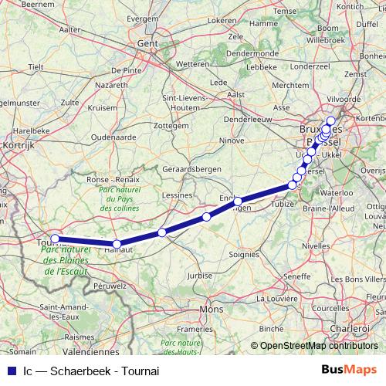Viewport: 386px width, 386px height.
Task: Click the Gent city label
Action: point(147,45)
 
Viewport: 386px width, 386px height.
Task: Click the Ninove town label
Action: point(232,141)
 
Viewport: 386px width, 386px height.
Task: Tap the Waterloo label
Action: point(336,192)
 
